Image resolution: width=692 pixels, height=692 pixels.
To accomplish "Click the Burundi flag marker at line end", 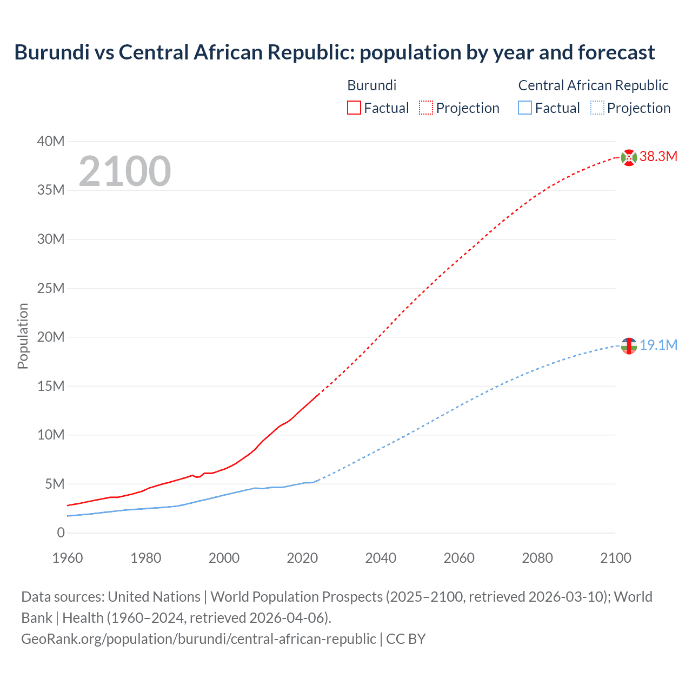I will [629, 157].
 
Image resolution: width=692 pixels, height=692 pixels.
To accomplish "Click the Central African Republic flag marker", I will [629, 345].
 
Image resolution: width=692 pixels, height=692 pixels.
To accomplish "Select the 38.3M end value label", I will [658, 157].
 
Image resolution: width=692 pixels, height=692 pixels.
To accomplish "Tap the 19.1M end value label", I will [658, 345].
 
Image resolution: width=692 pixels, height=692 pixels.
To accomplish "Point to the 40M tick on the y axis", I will [51, 141].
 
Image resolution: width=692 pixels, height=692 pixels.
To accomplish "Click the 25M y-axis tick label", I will [51, 288].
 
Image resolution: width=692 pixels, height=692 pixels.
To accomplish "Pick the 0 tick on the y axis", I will [61, 533].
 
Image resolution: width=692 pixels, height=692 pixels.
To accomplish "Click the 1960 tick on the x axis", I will [68, 558].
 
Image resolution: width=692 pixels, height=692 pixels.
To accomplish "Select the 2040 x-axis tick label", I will [381, 558].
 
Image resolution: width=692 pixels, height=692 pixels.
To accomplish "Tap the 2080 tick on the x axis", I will [537, 558].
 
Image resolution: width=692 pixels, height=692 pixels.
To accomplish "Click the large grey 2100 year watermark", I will [125, 171].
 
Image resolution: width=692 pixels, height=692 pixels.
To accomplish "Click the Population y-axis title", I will [23, 336].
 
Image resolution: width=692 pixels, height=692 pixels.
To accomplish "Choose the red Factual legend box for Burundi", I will [354, 108].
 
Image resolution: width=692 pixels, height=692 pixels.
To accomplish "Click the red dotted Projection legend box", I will [426, 108].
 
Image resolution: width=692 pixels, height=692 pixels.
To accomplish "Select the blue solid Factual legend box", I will [525, 108].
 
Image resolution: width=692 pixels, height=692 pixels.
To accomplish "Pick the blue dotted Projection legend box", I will [597, 108].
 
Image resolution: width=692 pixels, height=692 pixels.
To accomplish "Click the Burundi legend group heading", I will [371, 85].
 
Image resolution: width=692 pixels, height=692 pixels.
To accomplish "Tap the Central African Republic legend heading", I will [593, 85].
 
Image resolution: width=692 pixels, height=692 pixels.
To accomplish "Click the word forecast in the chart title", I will [616, 52].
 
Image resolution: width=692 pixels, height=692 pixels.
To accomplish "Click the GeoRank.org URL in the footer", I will [198, 638].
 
